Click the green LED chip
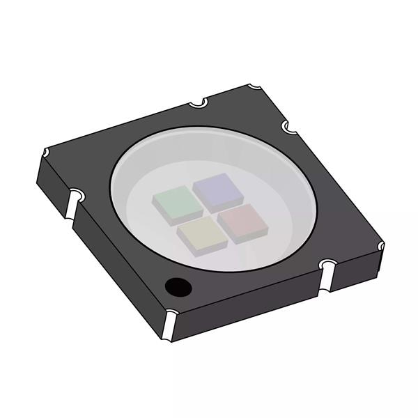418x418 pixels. pos(172,201)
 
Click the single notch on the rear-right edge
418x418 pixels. pos(288,127)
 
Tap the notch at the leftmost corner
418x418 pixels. pos(46,153)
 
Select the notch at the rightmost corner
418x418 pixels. pos(379,245)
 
